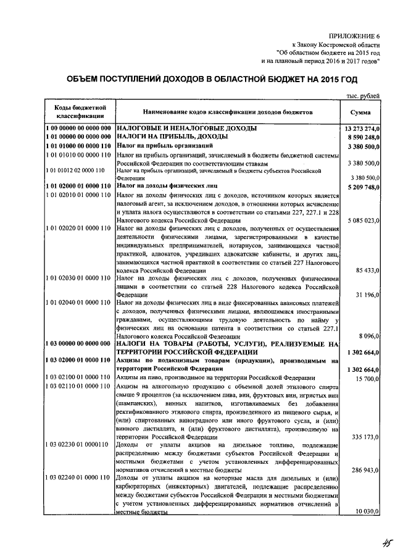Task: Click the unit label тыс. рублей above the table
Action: tap(364, 95)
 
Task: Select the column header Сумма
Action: tap(360, 112)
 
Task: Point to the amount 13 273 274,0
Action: tap(360, 128)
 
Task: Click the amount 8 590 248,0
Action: tap(362, 137)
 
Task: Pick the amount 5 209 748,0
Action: tap(362, 186)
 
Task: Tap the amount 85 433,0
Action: tap(368, 271)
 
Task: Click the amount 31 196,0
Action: tap(368, 295)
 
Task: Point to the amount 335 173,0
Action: tap(366, 436)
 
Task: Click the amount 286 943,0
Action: tap(366, 469)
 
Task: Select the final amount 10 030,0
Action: tap(368, 511)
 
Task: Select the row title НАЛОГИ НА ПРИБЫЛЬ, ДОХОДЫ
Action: tap(163, 137)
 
